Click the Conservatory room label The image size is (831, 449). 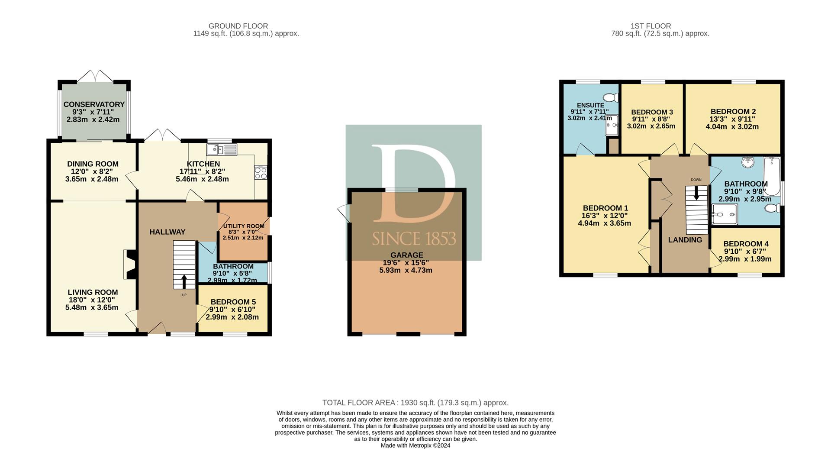pyautogui.click(x=94, y=104)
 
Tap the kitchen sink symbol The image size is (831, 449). pyautogui.click(x=222, y=150)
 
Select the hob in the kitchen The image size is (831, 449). pyautogui.click(x=261, y=173)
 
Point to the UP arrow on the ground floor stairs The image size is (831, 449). pyautogui.click(x=184, y=281)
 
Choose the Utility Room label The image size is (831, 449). pyautogui.click(x=244, y=226)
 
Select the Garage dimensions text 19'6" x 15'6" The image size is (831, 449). pyautogui.click(x=406, y=262)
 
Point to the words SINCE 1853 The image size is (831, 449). pyautogui.click(x=414, y=238)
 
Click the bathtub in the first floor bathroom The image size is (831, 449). pyautogui.click(x=772, y=177)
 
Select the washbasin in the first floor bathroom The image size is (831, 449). pyautogui.click(x=748, y=162)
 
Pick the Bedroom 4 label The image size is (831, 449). pyautogui.click(x=746, y=244)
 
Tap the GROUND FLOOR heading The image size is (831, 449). pyautogui.click(x=238, y=26)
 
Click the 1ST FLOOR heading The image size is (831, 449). pyautogui.click(x=651, y=26)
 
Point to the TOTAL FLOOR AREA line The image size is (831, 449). pyautogui.click(x=415, y=403)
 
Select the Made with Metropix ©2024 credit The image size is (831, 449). pyautogui.click(x=415, y=446)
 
